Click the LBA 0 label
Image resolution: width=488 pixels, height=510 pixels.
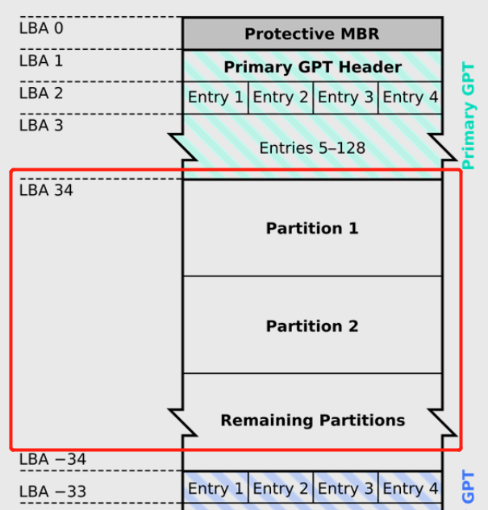tap(40, 28)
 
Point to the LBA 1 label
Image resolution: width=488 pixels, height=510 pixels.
tap(40, 60)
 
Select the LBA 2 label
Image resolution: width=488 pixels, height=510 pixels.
tap(40, 93)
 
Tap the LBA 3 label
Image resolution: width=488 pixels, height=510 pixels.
tap(40, 125)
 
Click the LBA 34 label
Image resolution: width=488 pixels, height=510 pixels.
tap(45, 191)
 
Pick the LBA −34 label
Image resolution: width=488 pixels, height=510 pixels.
tap(52, 459)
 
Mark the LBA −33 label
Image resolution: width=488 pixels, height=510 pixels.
tap(52, 491)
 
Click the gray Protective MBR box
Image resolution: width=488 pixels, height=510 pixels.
tap(312, 34)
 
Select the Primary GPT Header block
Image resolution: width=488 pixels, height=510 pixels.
tap(312, 66)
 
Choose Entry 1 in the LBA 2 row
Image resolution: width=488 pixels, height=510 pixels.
tap(215, 97)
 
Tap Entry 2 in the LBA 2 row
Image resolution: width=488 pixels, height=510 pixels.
tap(280, 97)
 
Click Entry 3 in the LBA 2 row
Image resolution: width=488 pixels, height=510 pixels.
tap(345, 97)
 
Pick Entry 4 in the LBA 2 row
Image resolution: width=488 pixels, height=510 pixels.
tap(410, 97)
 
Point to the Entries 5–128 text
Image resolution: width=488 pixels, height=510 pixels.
tap(312, 148)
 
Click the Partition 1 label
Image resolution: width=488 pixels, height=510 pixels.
tap(312, 229)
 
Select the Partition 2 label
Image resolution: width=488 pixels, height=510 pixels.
tap(312, 326)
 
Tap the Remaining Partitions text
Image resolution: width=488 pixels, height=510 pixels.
tap(312, 421)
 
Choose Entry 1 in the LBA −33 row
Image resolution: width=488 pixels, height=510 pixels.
tap(215, 488)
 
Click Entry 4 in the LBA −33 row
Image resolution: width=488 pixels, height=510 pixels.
tap(410, 488)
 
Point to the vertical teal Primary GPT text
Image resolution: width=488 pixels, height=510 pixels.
tap(469, 116)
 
